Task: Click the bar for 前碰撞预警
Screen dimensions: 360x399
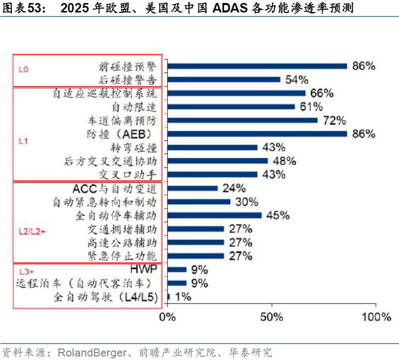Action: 257,66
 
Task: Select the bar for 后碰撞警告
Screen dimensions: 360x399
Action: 224,79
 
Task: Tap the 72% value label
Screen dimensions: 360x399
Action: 334,120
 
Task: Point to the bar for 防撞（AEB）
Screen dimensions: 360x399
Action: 257,134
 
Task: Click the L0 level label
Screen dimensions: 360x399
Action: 23,70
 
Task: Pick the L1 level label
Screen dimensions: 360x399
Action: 23,141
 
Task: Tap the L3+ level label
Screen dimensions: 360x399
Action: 26,272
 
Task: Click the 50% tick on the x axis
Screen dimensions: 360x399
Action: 272,317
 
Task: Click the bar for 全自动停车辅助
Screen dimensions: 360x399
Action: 215,215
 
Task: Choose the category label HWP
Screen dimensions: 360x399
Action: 143,269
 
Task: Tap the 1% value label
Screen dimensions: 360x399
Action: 182,297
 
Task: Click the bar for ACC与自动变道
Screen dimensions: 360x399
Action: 193,188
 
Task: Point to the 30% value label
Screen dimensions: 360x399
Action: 247,202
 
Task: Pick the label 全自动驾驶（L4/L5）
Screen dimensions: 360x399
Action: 106,297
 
